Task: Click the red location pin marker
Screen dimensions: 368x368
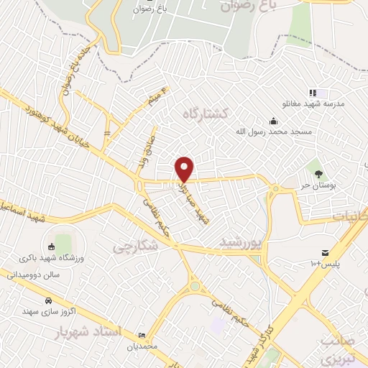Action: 185,169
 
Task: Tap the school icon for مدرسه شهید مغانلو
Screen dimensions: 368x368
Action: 313,93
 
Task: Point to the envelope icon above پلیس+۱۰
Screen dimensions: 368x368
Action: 325,252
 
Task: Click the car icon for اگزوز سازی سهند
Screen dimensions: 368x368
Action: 48,300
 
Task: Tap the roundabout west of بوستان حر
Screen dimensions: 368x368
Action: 275,189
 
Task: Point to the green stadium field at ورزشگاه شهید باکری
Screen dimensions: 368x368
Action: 64,239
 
